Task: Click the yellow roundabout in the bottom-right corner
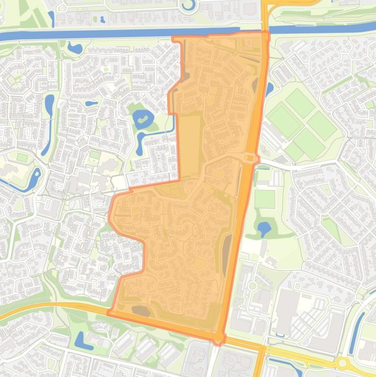pyautogui.click(x=343, y=363)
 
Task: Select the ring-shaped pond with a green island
pyautogui.click(x=143, y=118)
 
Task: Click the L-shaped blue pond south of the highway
pyautogui.click(x=81, y=339)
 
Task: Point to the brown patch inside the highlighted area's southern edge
pyautogui.click(x=141, y=310)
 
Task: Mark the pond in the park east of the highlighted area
pyautogui.click(x=264, y=228)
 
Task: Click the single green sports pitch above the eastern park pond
pyautogui.click(x=265, y=199)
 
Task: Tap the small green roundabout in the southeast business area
pyautogui.click(x=252, y=285)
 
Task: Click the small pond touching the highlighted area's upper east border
pyautogui.click(x=269, y=89)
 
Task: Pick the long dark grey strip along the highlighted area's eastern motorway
pyautogui.click(x=226, y=255)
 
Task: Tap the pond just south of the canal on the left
pyautogui.click(x=75, y=48)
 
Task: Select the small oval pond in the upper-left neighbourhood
pyautogui.click(x=91, y=103)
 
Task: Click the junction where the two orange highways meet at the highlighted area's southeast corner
pyautogui.click(x=219, y=338)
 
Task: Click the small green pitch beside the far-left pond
pyautogui.click(x=22, y=157)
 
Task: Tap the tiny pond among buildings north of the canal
pyautogui.click(x=102, y=20)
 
